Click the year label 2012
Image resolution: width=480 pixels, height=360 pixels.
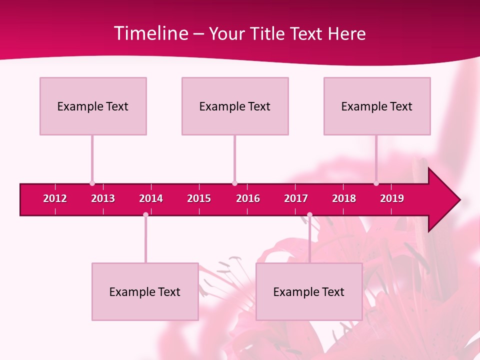[55, 198]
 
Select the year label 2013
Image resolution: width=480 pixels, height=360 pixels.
[103, 198]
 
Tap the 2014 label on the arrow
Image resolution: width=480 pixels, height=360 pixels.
[151, 198]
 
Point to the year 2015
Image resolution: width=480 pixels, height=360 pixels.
[199, 198]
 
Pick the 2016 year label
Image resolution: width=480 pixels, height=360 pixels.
[248, 198]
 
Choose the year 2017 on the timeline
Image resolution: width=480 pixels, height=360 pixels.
[296, 198]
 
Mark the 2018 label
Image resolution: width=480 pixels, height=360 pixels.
[344, 198]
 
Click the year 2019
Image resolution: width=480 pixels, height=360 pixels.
[392, 198]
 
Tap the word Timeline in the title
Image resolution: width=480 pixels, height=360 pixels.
[150, 33]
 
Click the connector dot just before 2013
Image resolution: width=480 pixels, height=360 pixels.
[92, 183]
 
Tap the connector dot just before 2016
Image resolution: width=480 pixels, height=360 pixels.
[234, 183]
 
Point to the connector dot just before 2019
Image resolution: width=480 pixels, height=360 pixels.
[376, 183]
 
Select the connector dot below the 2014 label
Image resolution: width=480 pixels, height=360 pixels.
[145, 215]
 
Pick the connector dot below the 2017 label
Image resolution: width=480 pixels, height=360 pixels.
[309, 215]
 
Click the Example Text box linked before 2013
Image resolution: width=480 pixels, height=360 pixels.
[93, 106]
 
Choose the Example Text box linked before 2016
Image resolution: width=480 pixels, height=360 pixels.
[235, 106]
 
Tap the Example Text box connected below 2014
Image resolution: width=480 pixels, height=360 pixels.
[145, 291]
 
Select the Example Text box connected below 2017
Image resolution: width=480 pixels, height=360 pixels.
[309, 291]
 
